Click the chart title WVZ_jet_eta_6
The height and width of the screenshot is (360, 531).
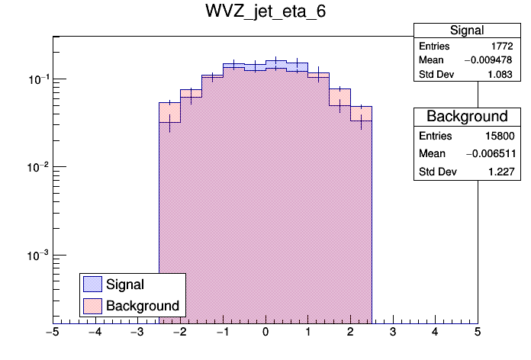[265, 13]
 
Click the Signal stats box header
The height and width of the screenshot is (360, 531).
[467, 31]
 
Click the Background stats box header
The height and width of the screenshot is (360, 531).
[467, 117]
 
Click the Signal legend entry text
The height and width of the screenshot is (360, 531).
[125, 284]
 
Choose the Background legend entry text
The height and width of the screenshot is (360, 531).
[143, 306]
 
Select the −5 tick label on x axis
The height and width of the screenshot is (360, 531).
[52, 332]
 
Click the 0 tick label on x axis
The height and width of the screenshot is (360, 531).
[265, 332]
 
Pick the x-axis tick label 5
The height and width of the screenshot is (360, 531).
[478, 332]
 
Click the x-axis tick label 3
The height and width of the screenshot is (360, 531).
[393, 332]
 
